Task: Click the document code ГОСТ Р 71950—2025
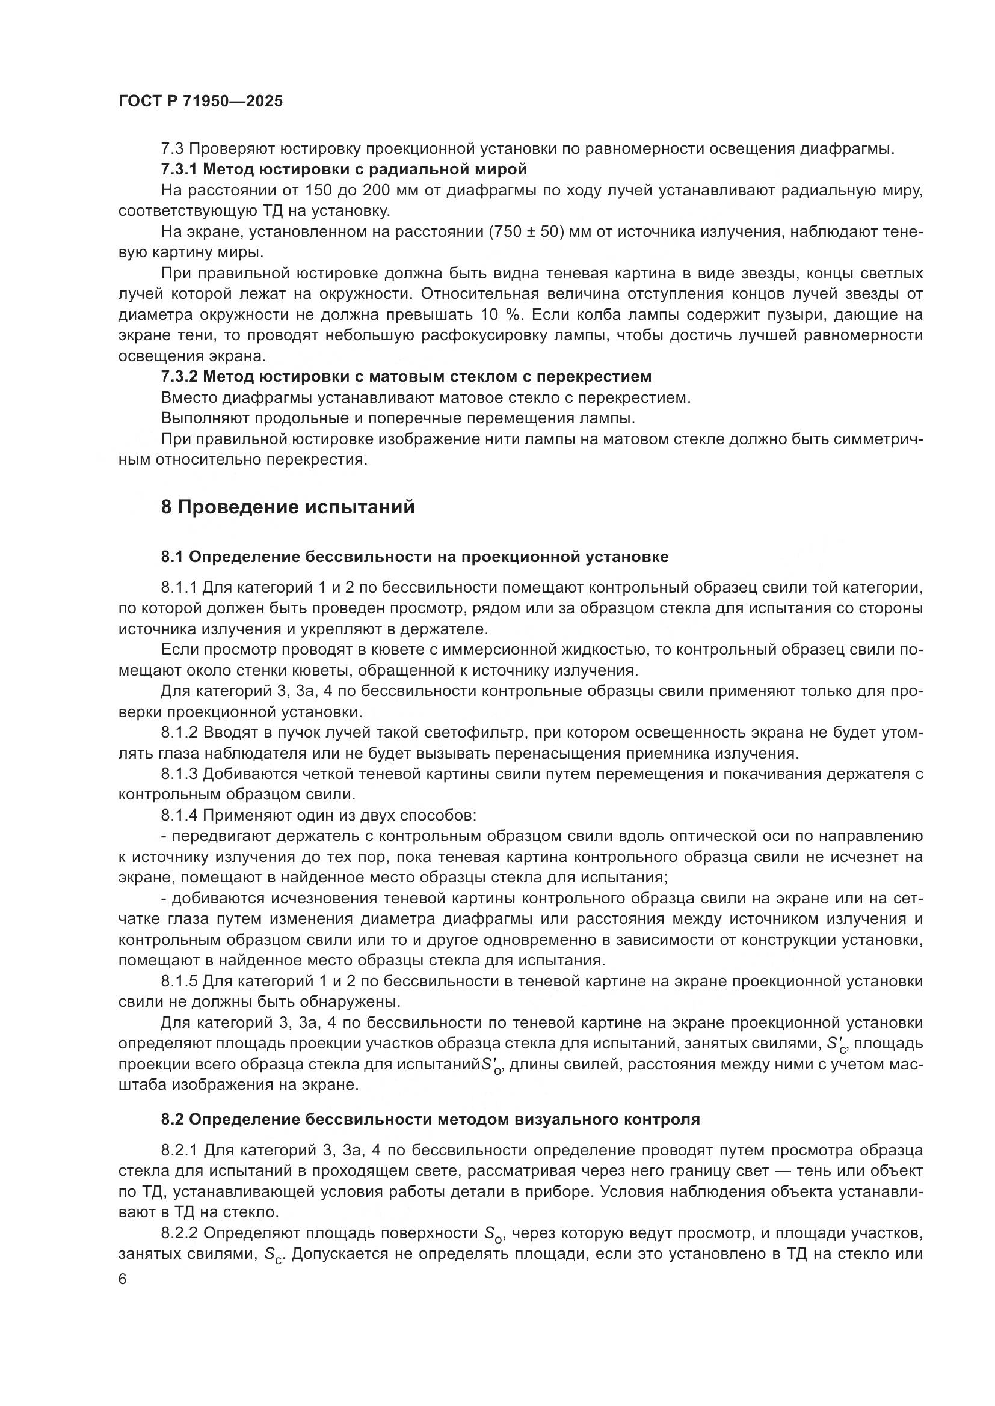[200, 102]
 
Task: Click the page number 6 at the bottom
[123, 1280]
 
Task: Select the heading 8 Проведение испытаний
[288, 507]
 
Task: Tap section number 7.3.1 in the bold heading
[179, 168]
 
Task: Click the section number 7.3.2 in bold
[179, 376]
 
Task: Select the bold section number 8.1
[172, 557]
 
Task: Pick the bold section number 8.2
[172, 1119]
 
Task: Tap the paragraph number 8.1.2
[179, 732]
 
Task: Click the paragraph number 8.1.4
[179, 816]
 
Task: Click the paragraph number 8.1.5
[179, 982]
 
